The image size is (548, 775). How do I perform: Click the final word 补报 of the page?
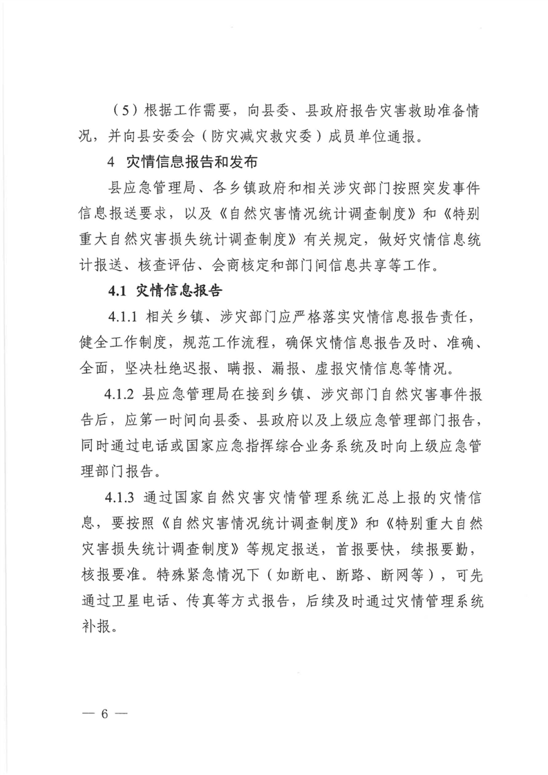point(95,628)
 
